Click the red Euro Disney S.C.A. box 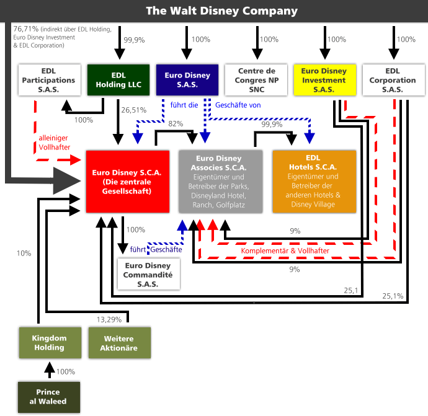coord(128,182)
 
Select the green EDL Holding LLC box coord(118,80)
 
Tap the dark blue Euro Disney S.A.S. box coord(187,80)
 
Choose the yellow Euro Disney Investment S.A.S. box coord(325,80)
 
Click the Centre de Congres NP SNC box coord(256,80)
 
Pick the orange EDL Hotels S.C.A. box coord(314,182)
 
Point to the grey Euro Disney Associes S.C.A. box coord(221,182)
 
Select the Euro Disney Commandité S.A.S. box coord(149,274)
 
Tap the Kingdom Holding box coord(50,343)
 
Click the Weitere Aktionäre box coord(120,343)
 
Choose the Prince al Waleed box coord(49,397)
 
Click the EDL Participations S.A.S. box coord(50,80)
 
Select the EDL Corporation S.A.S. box coord(394,80)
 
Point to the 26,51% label coord(134,110)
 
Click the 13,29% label coord(109,319)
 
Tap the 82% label coord(176,124)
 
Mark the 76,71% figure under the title coord(26,29)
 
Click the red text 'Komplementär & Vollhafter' coord(285,250)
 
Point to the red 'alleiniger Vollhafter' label coord(55,143)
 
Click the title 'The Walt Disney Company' coord(221,11)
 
